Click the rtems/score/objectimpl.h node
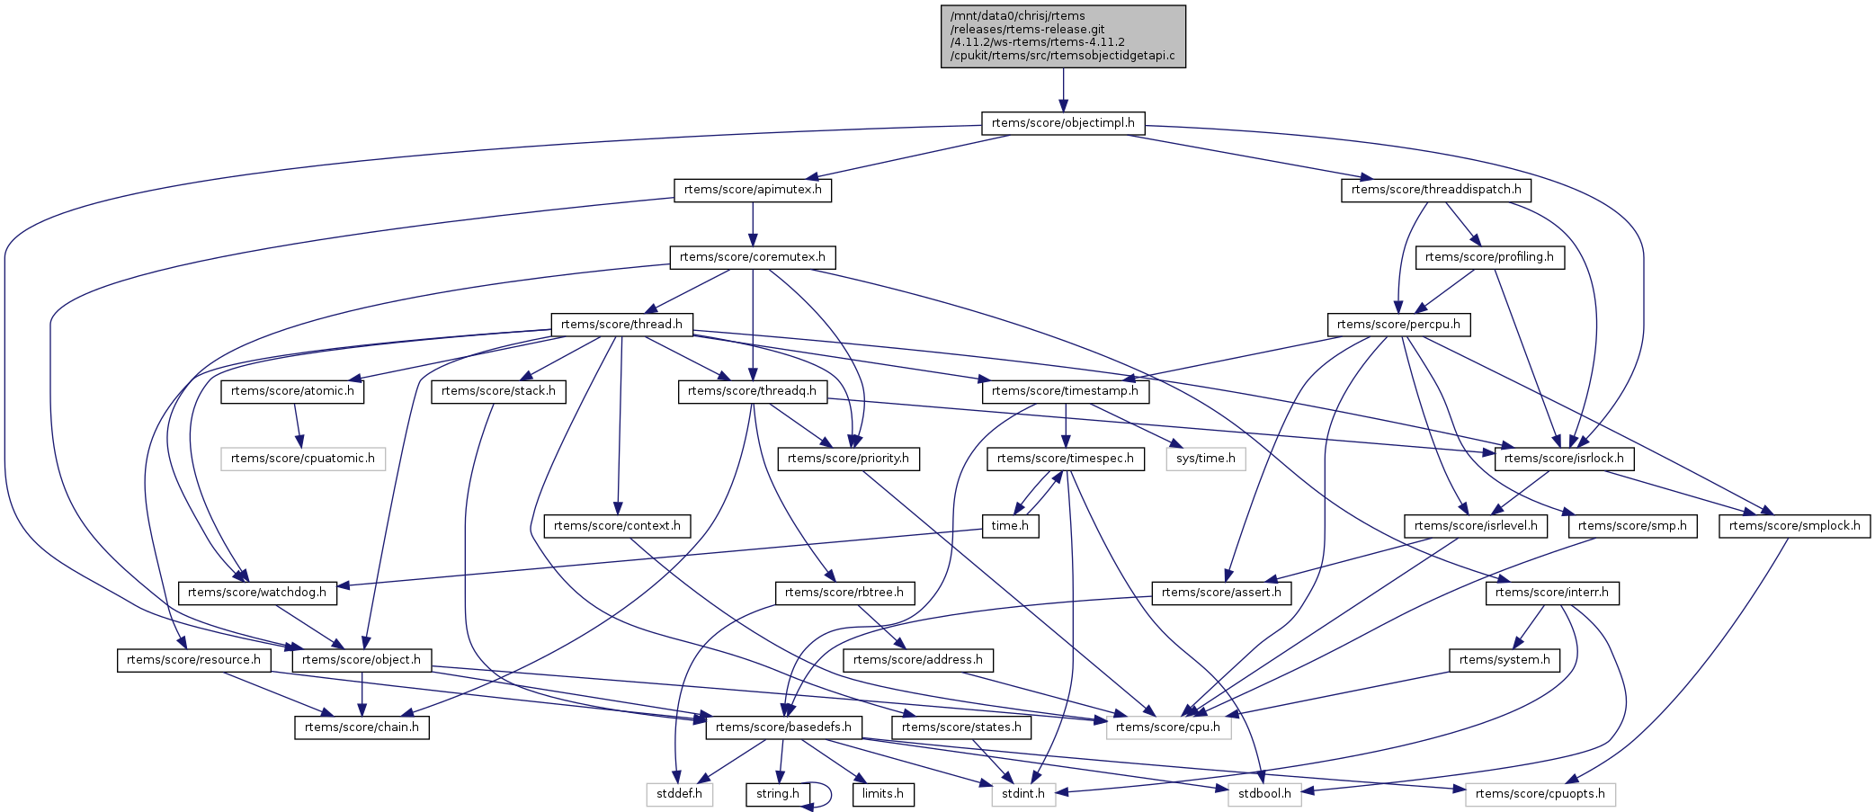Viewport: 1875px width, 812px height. click(1062, 123)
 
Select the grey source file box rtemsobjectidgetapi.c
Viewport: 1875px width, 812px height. click(1062, 36)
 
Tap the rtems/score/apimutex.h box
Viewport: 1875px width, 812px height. click(753, 191)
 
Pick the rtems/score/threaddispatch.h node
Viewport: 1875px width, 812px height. click(1436, 191)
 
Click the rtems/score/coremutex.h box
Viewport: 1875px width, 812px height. click(753, 257)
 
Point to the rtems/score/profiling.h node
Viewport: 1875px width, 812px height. click(1489, 257)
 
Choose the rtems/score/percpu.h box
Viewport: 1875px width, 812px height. click(1398, 325)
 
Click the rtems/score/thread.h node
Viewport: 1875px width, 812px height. click(621, 325)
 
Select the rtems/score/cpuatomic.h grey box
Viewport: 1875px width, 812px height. click(303, 459)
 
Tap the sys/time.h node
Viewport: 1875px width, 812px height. click(1205, 459)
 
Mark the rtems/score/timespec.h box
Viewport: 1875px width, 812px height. click(1066, 459)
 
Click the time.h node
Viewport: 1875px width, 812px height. click(1010, 526)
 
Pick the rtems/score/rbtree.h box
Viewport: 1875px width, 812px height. click(844, 593)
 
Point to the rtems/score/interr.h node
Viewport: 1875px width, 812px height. click(1552, 593)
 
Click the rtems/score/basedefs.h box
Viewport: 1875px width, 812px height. click(783, 727)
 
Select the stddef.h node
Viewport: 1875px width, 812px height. click(679, 795)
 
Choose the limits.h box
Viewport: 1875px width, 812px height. click(883, 795)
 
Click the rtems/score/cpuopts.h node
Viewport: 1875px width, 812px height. click(1540, 795)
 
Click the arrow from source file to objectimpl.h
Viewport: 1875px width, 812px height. click(1063, 90)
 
